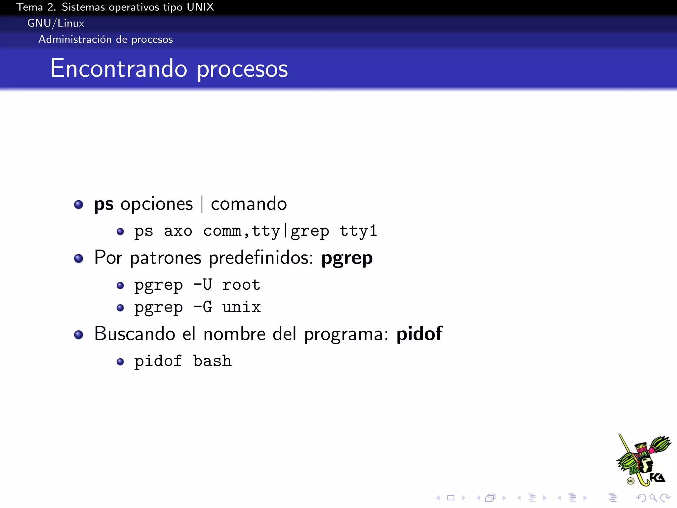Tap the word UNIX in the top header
tap(200, 7)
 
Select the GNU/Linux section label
tap(56, 23)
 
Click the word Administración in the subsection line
tap(75, 39)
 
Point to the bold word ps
tap(103, 204)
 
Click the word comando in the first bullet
tap(249, 204)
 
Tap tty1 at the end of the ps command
tap(358, 231)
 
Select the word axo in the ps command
tap(178, 231)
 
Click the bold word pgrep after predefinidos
tap(347, 258)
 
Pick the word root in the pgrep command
tap(241, 285)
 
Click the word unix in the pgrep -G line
tap(241, 307)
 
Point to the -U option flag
tap(203, 285)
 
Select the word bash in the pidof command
tap(212, 361)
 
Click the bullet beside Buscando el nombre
tap(79, 335)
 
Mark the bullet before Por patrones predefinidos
tap(79, 258)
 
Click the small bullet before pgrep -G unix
tap(120, 308)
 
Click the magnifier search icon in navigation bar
tap(653, 498)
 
